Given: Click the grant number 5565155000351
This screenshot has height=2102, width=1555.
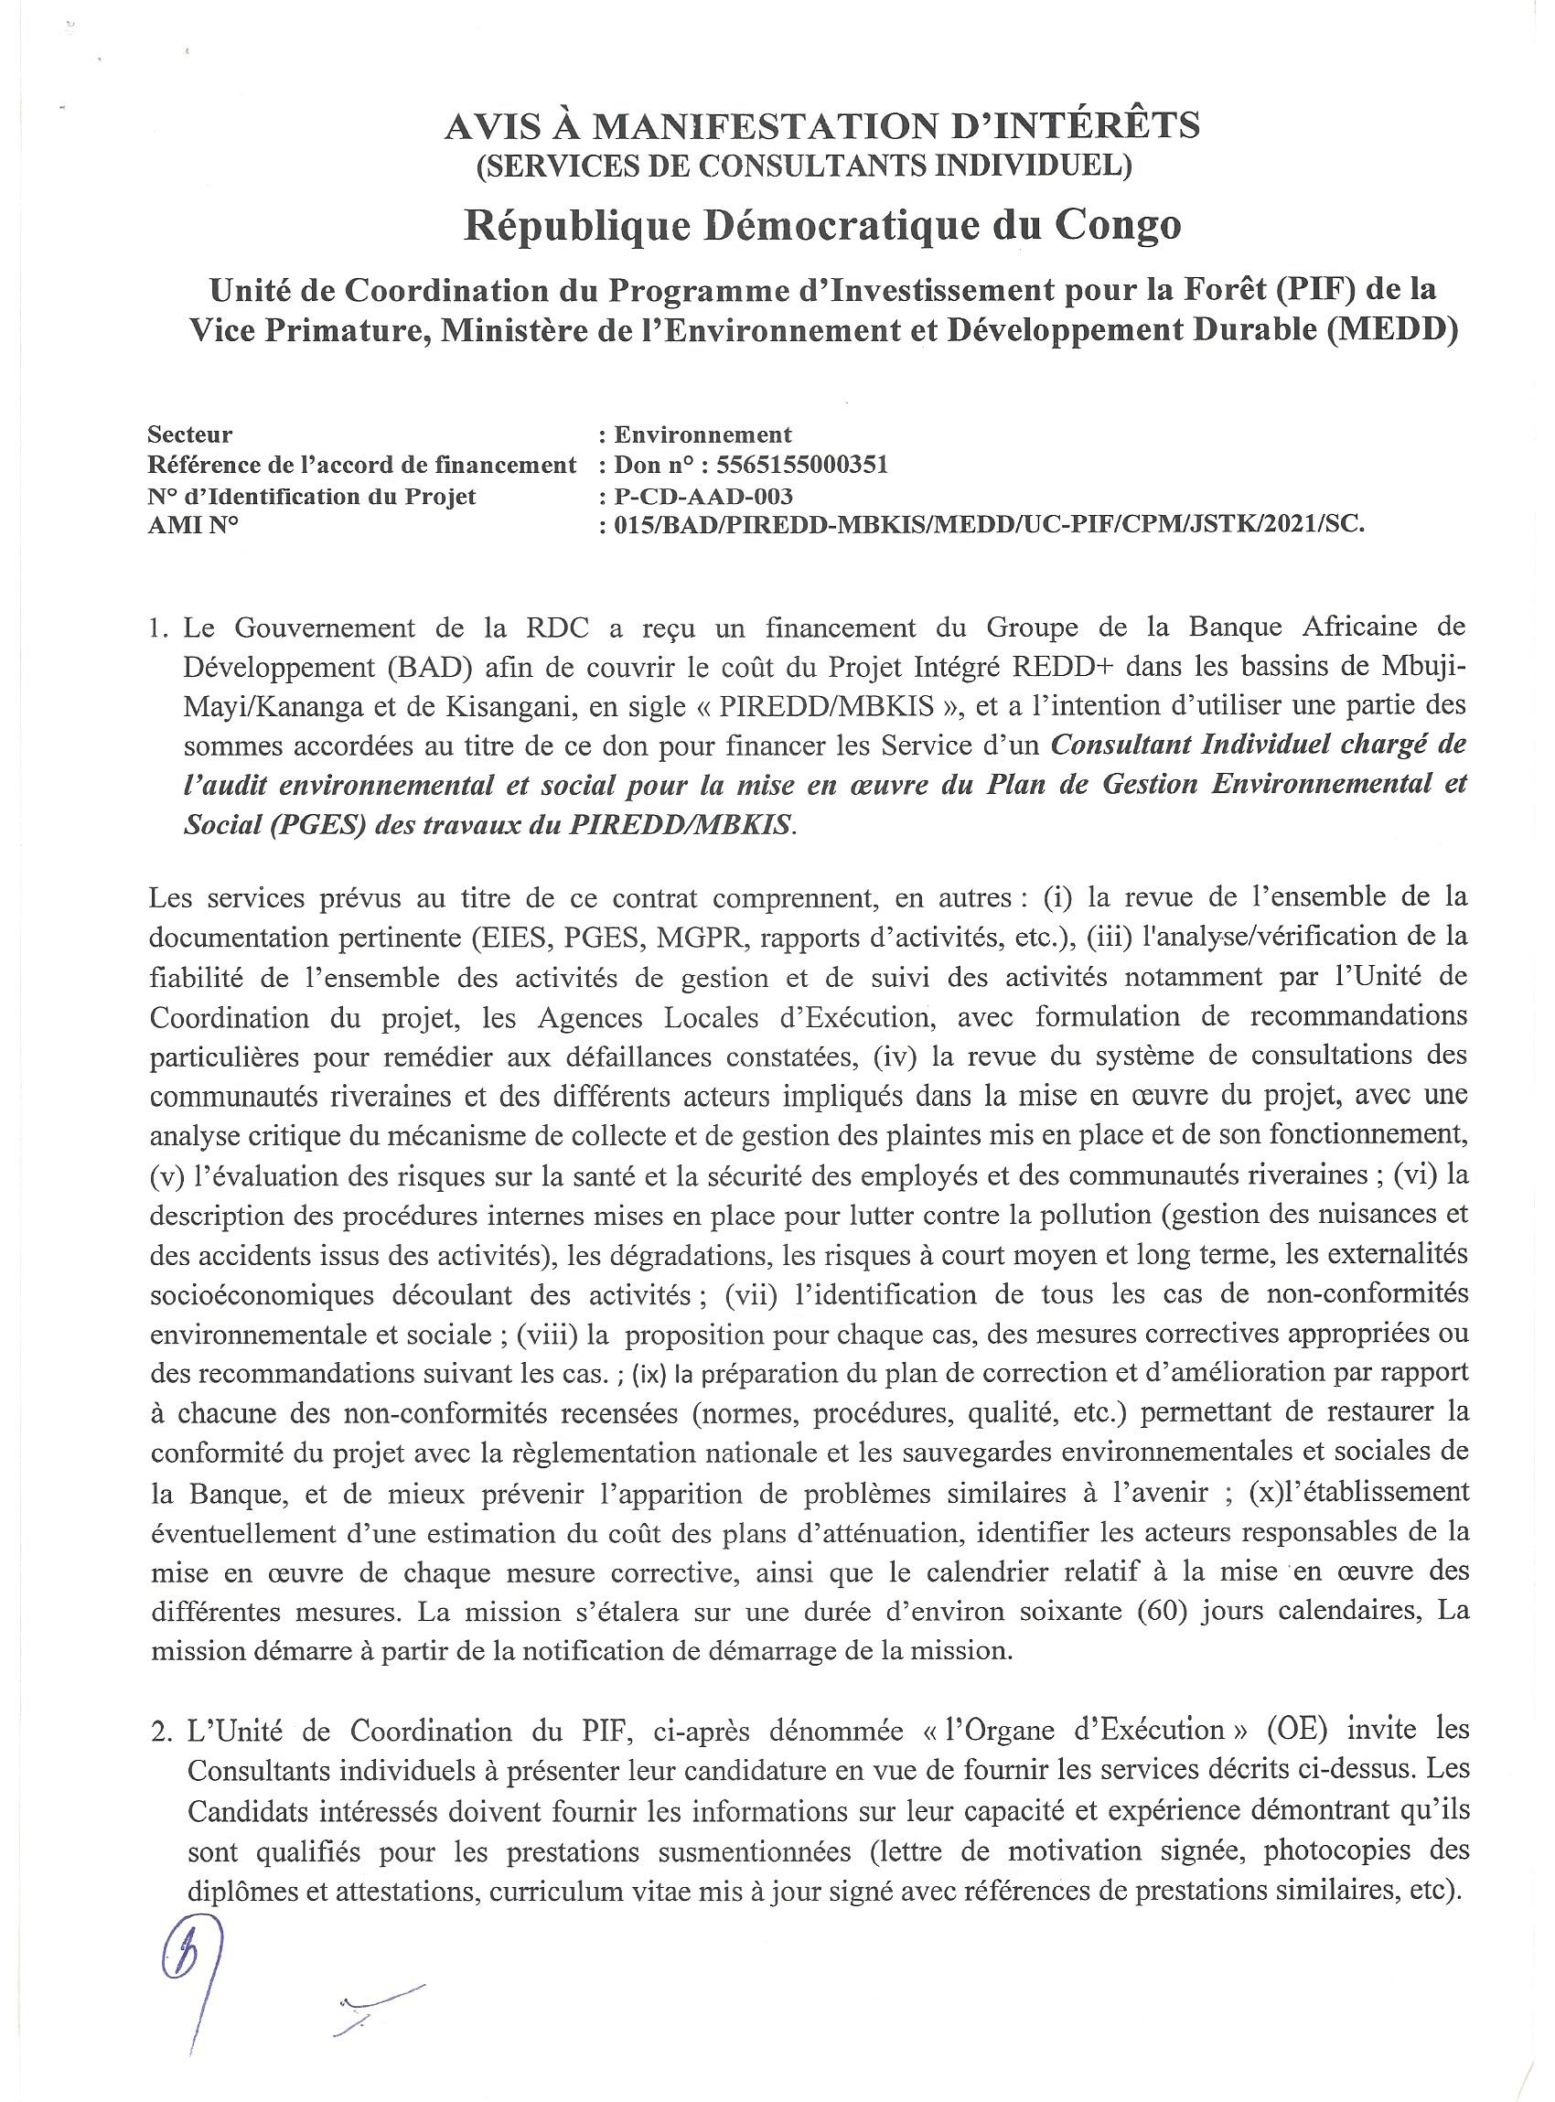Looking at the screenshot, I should pyautogui.click(x=801, y=465).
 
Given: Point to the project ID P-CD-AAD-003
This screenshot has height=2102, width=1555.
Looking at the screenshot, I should pyautogui.click(x=703, y=495).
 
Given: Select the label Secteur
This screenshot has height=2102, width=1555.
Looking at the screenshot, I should pyautogui.click(x=189, y=434).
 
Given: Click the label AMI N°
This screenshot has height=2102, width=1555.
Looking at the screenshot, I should pyautogui.click(x=192, y=525).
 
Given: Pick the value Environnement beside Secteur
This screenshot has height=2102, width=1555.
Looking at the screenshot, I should pyautogui.click(x=702, y=434).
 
